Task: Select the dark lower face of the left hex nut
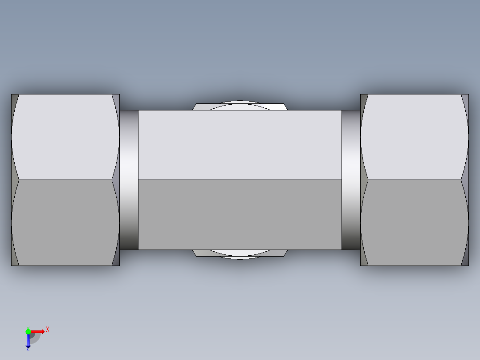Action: [x=65, y=223]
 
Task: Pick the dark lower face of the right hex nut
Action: [x=415, y=223]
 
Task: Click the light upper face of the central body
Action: [x=240, y=145]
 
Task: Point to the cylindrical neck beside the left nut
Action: [x=129, y=180]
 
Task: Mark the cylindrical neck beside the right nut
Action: [x=351, y=180]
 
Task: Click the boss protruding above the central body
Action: [x=240, y=106]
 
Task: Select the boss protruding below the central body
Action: [x=240, y=254]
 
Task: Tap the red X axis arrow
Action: [x=38, y=331]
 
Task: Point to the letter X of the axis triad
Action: [x=48, y=329]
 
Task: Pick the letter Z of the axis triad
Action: [x=28, y=350]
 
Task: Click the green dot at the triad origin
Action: [x=28, y=331]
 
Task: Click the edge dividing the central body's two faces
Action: [x=240, y=180]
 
